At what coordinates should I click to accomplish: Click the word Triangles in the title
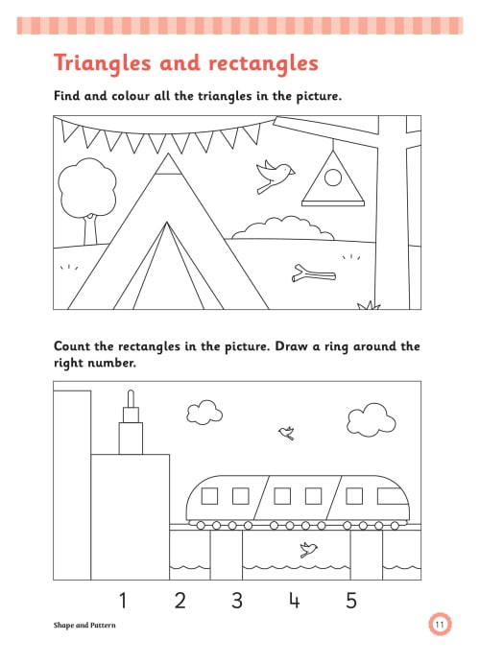[x=102, y=64]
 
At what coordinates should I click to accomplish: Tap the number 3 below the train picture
[x=237, y=601]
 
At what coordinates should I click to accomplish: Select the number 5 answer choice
[x=351, y=601]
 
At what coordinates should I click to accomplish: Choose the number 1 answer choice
[x=123, y=601]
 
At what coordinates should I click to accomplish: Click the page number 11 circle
[x=440, y=625]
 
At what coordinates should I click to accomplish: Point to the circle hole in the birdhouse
[x=333, y=178]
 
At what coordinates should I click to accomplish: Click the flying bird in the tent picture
[x=275, y=176]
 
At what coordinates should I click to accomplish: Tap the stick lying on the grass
[x=313, y=273]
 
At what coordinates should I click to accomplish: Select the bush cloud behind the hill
[x=283, y=228]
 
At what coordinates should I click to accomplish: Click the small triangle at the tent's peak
[x=168, y=164]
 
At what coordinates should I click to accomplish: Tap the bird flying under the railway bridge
[x=308, y=549]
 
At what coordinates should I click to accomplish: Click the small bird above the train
[x=286, y=433]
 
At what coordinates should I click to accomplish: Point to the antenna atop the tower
[x=131, y=398]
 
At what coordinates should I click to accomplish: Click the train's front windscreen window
[x=391, y=496]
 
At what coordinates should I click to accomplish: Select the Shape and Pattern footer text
[x=84, y=625]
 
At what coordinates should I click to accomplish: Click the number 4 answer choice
[x=295, y=601]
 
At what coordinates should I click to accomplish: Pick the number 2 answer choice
[x=180, y=601]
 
